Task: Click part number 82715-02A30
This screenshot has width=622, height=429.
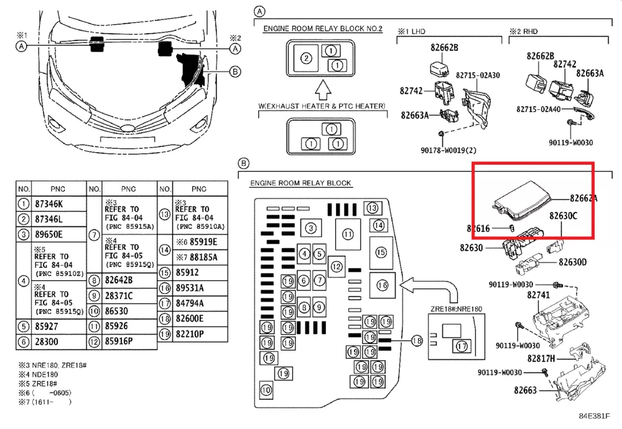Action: pos(478,75)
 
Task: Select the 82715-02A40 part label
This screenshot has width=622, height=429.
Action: pos(539,109)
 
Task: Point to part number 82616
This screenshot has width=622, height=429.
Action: pos(478,229)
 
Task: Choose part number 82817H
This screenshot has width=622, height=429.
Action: pos(541,359)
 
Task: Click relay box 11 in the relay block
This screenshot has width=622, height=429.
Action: pos(347,234)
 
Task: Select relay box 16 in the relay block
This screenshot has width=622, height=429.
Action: pos(383,285)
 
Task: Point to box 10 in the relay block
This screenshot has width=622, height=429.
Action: pos(266,390)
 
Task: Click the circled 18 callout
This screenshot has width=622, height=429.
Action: pos(417,340)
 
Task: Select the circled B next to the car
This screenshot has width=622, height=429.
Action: pos(235,71)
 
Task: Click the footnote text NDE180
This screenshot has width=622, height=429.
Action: pos(43,375)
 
